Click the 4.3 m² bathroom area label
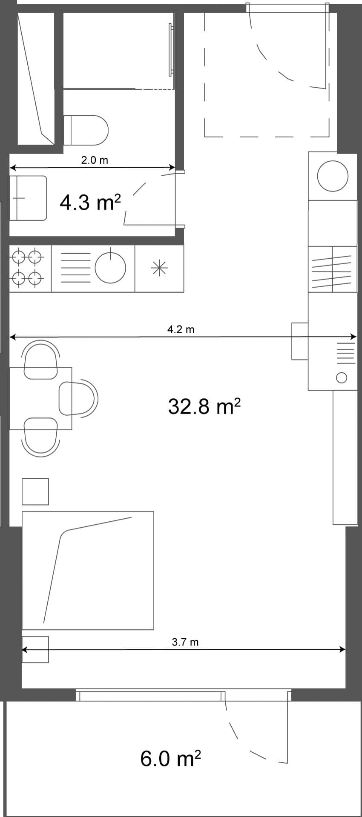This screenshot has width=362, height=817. [x=90, y=203]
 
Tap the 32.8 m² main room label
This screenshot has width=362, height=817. [x=204, y=406]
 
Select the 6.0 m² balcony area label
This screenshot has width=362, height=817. [x=170, y=758]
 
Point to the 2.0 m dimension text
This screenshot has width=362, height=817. [x=95, y=160]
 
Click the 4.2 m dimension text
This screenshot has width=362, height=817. [x=181, y=329]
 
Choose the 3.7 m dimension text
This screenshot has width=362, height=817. [x=185, y=642]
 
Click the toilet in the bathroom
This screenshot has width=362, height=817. [x=86, y=129]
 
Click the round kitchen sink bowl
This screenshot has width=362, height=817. [x=110, y=268]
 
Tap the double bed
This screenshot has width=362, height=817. [x=88, y=570]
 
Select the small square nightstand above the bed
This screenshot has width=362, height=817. [x=35, y=491]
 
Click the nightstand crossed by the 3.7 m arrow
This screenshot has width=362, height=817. [x=35, y=649]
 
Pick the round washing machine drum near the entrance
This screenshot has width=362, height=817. [x=333, y=176]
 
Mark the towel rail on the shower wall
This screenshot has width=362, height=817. [x=172, y=50]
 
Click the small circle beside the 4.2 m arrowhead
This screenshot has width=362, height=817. [x=341, y=377]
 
